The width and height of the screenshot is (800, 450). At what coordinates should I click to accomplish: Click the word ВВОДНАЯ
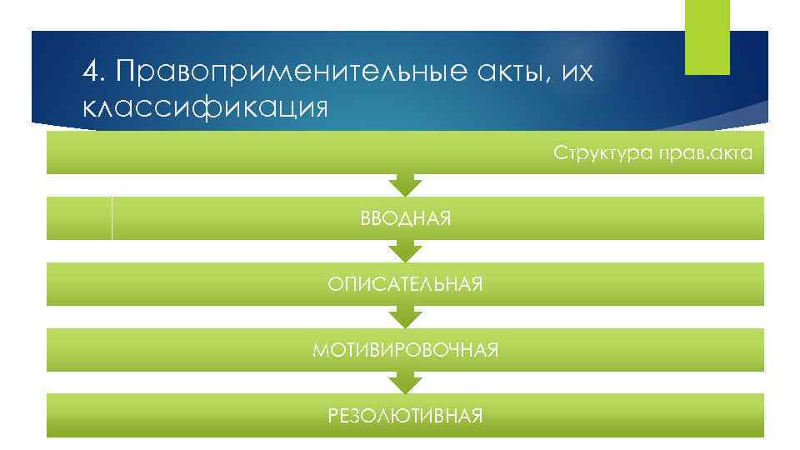pyautogui.click(x=405, y=219)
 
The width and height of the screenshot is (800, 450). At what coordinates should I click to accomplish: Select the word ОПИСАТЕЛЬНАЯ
pyautogui.click(x=405, y=285)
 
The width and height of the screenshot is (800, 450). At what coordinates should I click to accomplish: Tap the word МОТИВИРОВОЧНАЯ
pyautogui.click(x=405, y=350)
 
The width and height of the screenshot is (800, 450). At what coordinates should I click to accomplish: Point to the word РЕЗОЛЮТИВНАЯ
pyautogui.click(x=405, y=415)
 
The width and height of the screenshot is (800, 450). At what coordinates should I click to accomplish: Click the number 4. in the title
pyautogui.click(x=94, y=72)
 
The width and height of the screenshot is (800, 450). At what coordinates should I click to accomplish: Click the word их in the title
pyautogui.click(x=576, y=74)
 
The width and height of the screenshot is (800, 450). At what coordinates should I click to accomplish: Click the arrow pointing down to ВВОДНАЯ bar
pyautogui.click(x=405, y=185)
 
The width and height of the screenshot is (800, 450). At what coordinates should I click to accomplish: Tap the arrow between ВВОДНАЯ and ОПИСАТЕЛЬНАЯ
pyautogui.click(x=405, y=250)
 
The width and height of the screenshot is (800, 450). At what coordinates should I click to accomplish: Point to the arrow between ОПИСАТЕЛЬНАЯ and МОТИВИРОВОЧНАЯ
pyautogui.click(x=405, y=316)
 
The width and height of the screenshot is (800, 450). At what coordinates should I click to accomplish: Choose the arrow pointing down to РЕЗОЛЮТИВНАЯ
pyautogui.click(x=405, y=381)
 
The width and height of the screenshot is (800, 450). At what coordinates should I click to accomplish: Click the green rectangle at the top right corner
pyautogui.click(x=707, y=37)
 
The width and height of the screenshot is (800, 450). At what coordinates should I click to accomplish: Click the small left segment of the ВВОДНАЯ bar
pyautogui.click(x=79, y=218)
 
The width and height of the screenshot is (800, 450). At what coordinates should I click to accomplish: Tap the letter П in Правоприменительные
pyautogui.click(x=127, y=72)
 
